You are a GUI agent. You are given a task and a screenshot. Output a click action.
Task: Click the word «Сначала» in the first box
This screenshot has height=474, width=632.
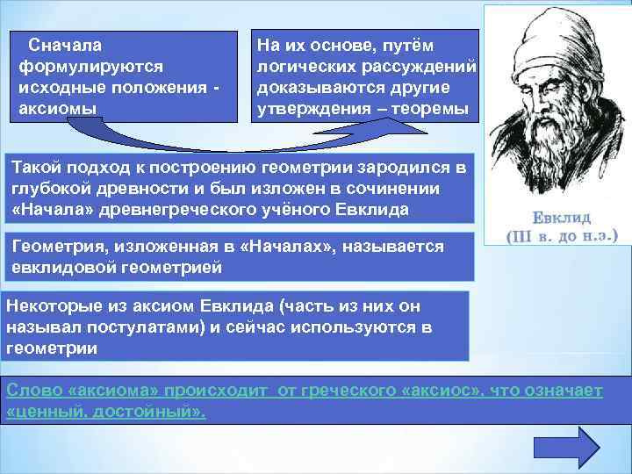pos(64,45)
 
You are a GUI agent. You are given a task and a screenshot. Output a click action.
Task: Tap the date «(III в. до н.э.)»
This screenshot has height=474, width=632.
pos(563,235)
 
